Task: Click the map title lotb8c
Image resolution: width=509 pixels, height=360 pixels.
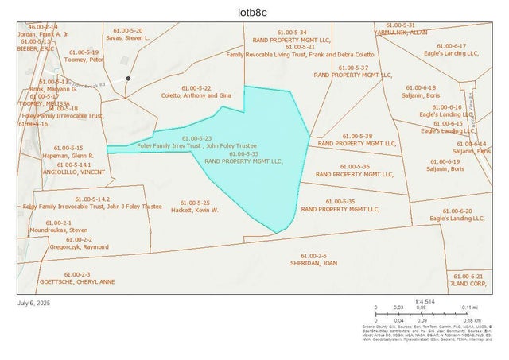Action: [x=254, y=12]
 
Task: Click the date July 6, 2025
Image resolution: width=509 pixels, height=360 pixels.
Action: [x=33, y=303]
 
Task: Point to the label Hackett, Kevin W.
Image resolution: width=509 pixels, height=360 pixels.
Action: [x=195, y=210]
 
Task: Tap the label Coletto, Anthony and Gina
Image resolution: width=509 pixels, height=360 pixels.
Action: [x=195, y=95]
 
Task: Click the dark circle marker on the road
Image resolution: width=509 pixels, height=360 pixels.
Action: [x=128, y=79]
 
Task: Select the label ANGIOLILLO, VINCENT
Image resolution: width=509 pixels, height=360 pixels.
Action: [x=72, y=172]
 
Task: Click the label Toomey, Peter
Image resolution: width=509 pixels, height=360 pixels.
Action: [x=85, y=59]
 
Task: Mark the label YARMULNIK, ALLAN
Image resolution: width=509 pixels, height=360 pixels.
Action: [x=402, y=33]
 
